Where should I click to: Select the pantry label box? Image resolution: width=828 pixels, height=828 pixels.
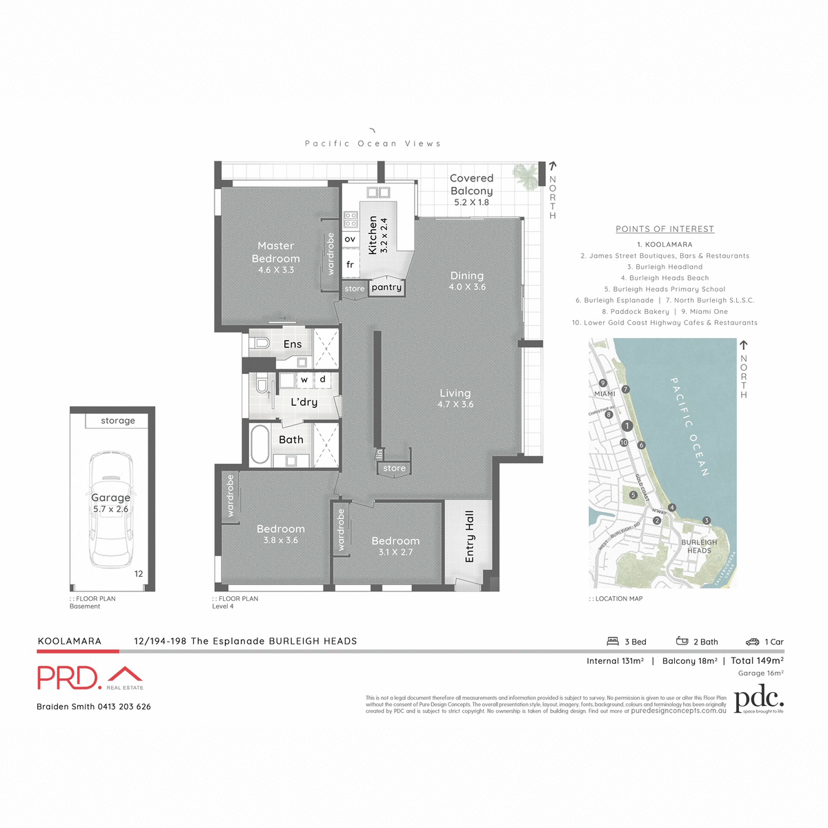(386, 288)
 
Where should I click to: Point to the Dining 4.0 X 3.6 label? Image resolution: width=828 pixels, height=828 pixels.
(467, 281)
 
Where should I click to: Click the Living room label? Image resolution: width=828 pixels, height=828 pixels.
(455, 398)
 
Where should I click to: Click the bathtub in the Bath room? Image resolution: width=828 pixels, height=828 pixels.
(260, 444)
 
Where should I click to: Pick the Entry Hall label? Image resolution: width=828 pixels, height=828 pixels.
(470, 536)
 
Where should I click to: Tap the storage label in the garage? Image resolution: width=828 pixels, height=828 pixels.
(118, 421)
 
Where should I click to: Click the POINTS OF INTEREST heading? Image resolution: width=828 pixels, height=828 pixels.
(664, 229)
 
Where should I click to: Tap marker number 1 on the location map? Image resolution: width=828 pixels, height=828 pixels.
(627, 426)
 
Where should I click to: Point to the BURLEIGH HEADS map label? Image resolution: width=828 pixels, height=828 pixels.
(699, 546)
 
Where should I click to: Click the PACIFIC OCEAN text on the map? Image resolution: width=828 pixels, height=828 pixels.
(689, 426)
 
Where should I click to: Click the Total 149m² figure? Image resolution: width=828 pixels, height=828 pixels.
(757, 660)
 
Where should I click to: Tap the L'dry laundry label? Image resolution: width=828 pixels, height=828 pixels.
(304, 402)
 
